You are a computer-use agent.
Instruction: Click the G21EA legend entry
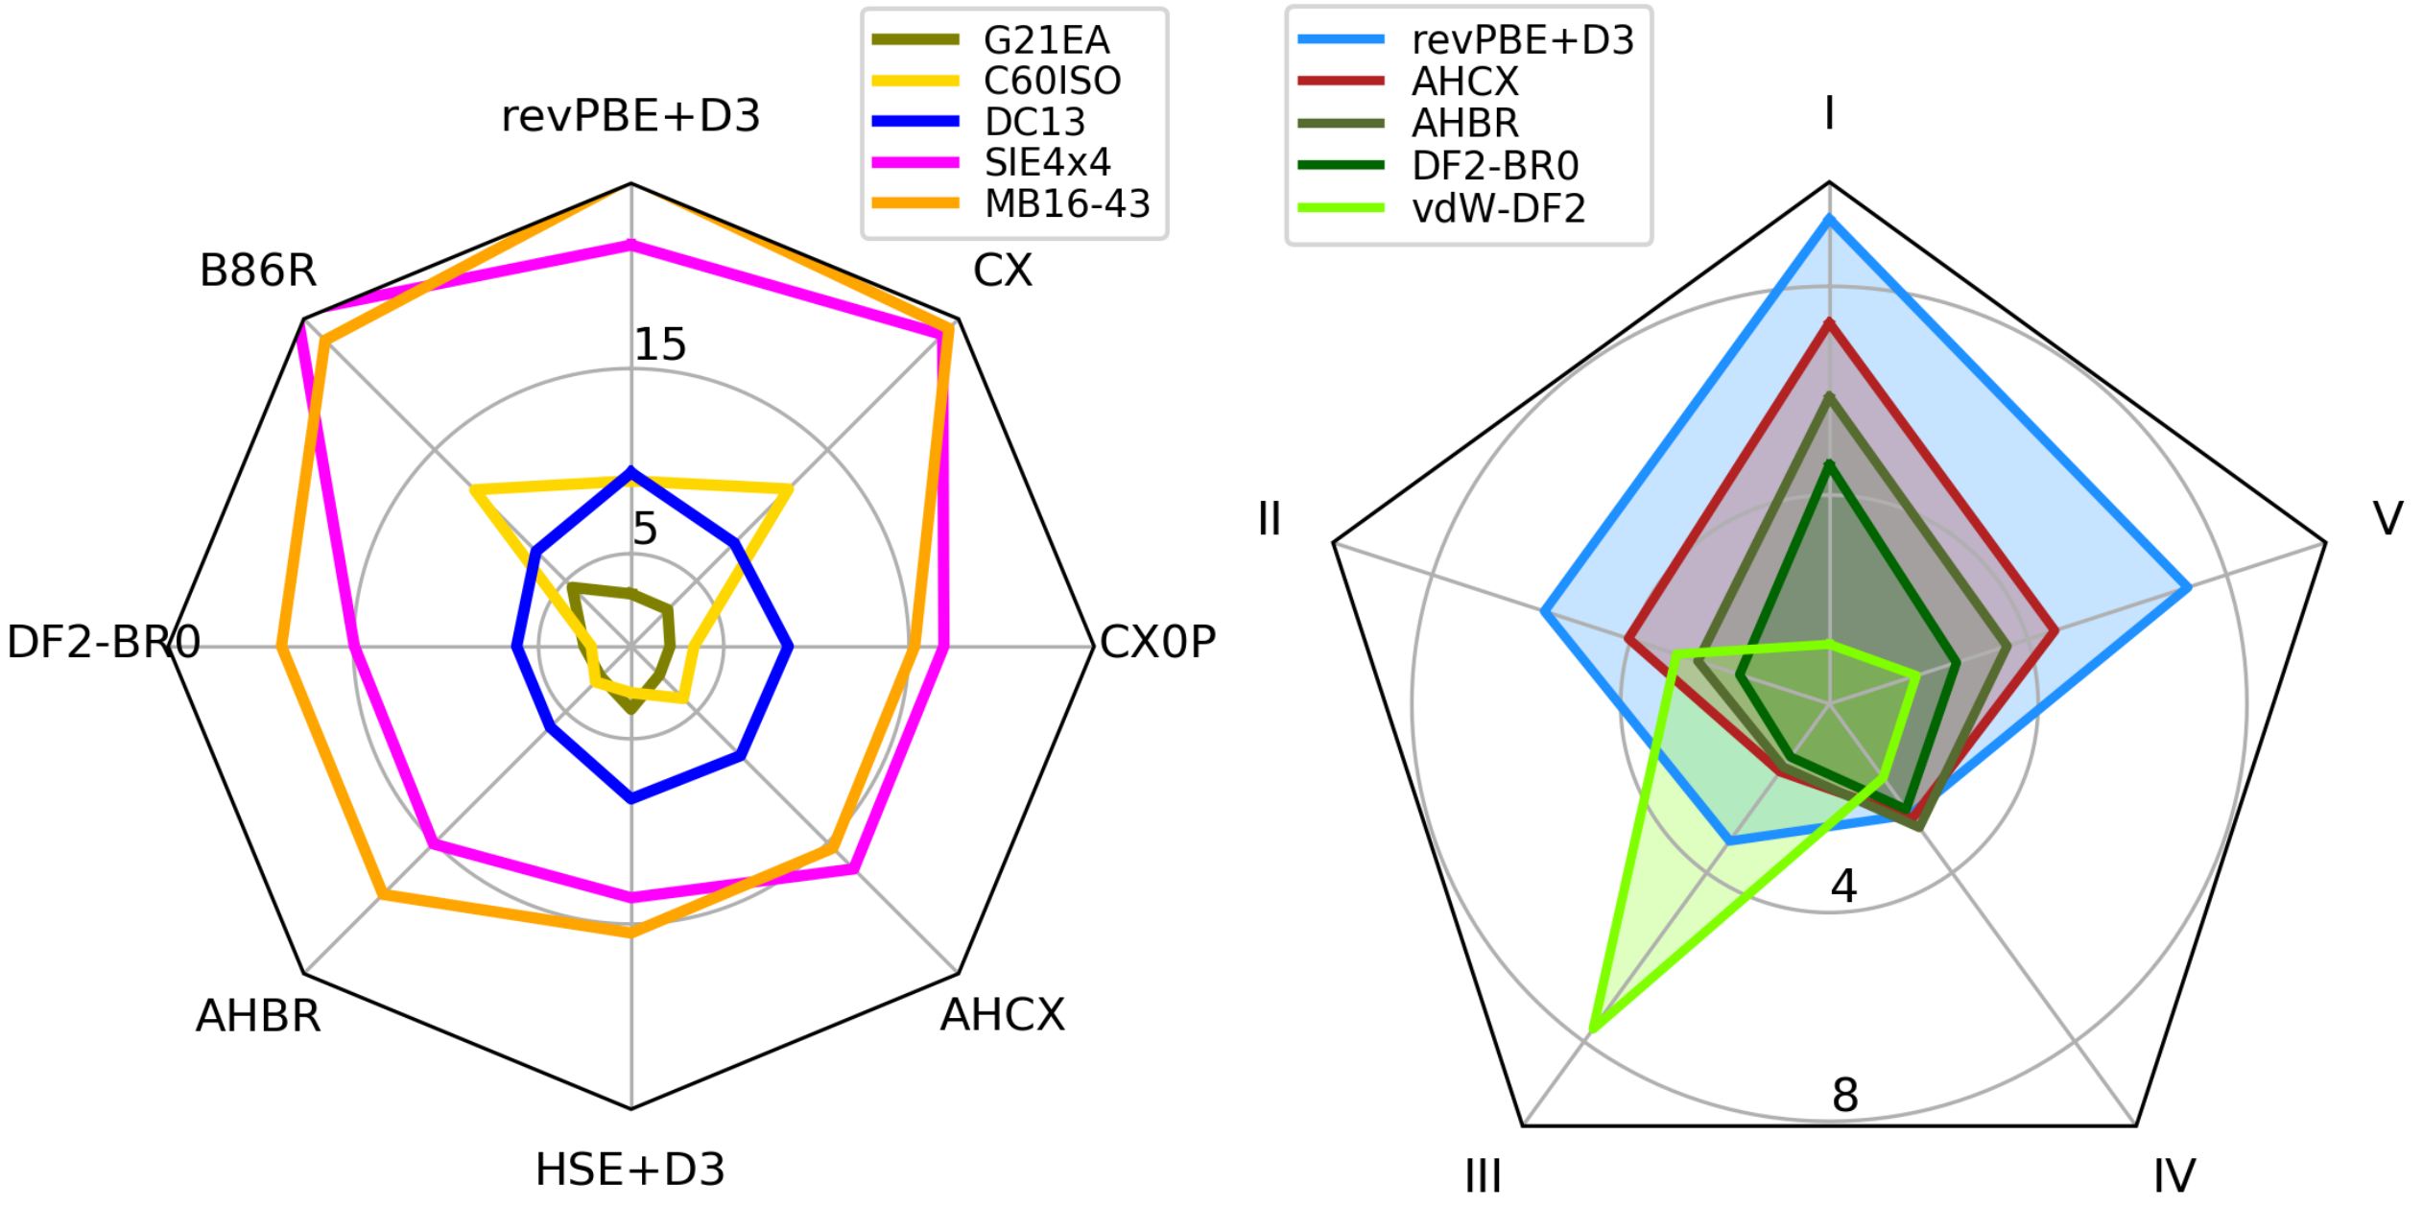click(1046, 40)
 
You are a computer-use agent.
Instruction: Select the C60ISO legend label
click(1052, 82)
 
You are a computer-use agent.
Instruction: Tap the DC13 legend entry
click(1034, 123)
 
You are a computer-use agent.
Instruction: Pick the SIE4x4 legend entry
click(1047, 163)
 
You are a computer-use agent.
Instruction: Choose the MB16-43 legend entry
click(1067, 204)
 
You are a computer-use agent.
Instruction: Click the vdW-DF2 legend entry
click(1498, 208)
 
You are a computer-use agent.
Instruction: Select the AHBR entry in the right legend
click(1465, 124)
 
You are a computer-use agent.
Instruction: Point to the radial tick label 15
click(660, 344)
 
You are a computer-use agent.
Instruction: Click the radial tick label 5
click(645, 529)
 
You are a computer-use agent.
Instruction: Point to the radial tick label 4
click(1843, 887)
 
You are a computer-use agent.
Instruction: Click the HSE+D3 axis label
click(630, 1170)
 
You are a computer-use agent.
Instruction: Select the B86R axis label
click(258, 271)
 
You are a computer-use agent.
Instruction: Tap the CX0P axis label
click(1157, 642)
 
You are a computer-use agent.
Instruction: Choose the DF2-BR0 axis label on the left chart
click(104, 642)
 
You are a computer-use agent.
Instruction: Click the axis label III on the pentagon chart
click(1483, 1176)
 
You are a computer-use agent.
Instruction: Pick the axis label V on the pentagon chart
click(2388, 519)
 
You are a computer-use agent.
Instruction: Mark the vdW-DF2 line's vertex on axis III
click(1591, 1031)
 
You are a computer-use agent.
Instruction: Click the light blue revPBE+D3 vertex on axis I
click(1829, 219)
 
